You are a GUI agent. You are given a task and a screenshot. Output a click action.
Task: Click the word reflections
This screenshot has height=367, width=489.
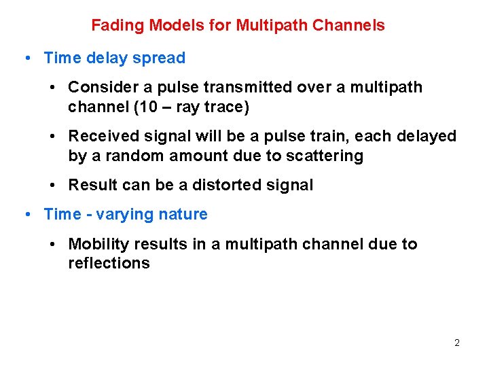pyautogui.click(x=109, y=264)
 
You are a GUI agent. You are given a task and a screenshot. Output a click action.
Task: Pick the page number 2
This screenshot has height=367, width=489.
pyautogui.click(x=457, y=343)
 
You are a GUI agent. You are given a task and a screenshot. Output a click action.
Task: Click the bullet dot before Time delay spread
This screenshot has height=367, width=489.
pyautogui.click(x=25, y=58)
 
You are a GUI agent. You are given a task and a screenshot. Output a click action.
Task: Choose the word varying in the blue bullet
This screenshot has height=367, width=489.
pyautogui.click(x=124, y=215)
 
